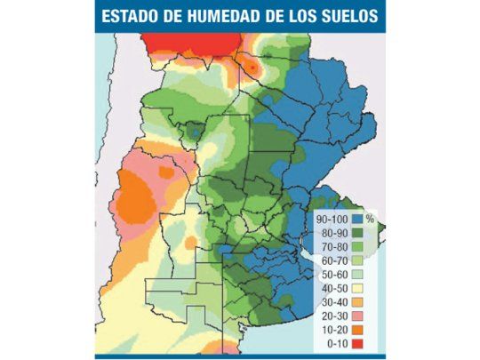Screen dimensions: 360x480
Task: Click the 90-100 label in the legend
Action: pos(332,219)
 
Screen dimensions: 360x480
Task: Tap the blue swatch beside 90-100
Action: pos(358,219)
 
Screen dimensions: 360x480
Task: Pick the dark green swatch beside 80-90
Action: pos(358,233)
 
